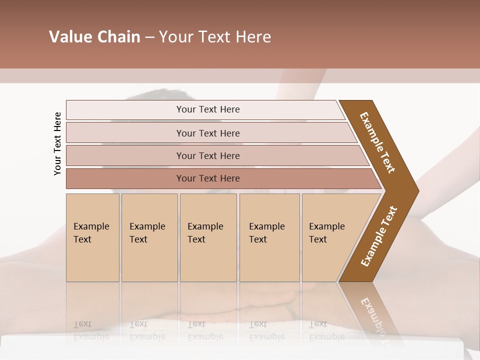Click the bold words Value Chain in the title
[94, 37]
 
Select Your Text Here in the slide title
[215, 37]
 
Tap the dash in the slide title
[149, 37]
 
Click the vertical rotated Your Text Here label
[57, 143]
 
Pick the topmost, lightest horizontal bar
[205, 109]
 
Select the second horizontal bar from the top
[208, 133]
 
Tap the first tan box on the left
[92, 237]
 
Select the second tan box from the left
[149, 237]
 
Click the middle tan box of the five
[208, 237]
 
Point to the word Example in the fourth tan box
[266, 226]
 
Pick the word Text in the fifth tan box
[318, 239]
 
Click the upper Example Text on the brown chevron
[377, 142]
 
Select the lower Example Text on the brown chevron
[379, 236]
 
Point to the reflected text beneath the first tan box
[91, 330]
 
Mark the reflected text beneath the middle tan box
[205, 330]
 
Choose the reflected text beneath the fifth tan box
[326, 330]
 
